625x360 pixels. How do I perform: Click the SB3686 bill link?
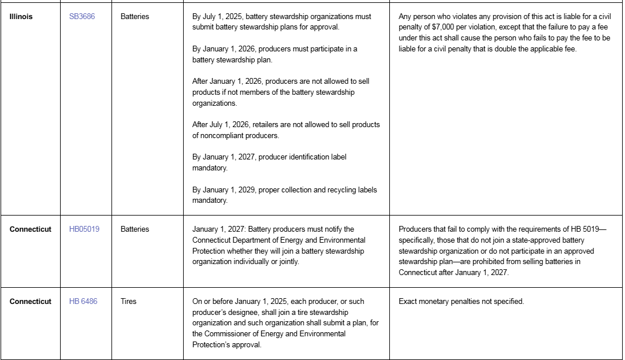(x=81, y=17)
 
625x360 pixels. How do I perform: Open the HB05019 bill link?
(x=84, y=229)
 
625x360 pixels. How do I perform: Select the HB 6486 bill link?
(x=83, y=302)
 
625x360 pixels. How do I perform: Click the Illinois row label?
(x=21, y=17)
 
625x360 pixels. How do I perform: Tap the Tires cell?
(x=128, y=302)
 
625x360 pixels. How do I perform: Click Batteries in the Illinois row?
(x=135, y=17)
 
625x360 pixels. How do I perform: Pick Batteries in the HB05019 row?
(x=135, y=229)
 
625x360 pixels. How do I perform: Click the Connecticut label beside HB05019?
(x=31, y=229)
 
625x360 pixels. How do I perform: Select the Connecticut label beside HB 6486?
(x=31, y=302)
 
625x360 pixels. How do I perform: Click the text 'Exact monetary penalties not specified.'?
(x=461, y=302)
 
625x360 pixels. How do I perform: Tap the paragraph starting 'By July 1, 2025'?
(x=282, y=22)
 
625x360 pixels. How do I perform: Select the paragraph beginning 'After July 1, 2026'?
(x=286, y=130)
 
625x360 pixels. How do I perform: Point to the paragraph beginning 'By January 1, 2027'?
(x=270, y=162)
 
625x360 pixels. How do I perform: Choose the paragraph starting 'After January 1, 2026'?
(x=281, y=92)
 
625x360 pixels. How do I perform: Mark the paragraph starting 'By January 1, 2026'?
(x=274, y=54)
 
